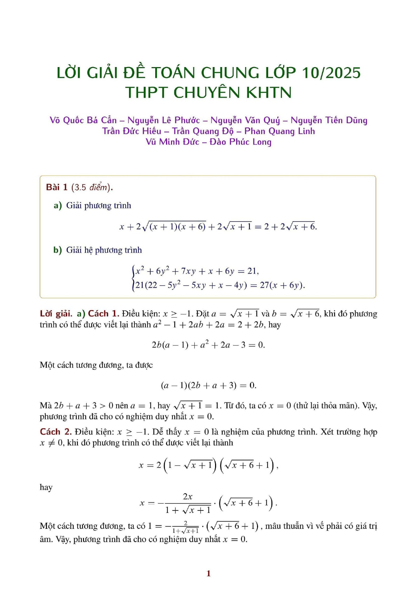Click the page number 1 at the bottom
tap(208, 573)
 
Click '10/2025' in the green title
tap(331, 73)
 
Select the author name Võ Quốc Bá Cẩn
tap(83, 120)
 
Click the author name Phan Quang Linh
tap(280, 131)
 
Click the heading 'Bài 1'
tap(57, 187)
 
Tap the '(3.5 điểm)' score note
tap(91, 187)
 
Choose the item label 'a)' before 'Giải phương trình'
tap(57, 205)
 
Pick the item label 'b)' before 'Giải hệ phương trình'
tap(57, 250)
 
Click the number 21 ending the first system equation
tap(252, 271)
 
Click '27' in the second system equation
tap(264, 285)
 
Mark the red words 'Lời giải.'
tap(56, 314)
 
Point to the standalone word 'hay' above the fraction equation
tap(46, 487)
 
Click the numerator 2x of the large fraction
tap(187, 496)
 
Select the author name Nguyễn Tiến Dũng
tap(329, 120)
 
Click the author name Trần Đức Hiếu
tap(132, 131)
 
